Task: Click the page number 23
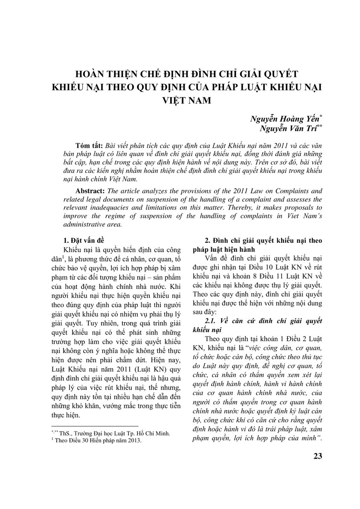tap(318, 456)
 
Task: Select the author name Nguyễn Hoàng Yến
tap(282, 119)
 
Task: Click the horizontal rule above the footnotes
tap(95, 426)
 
